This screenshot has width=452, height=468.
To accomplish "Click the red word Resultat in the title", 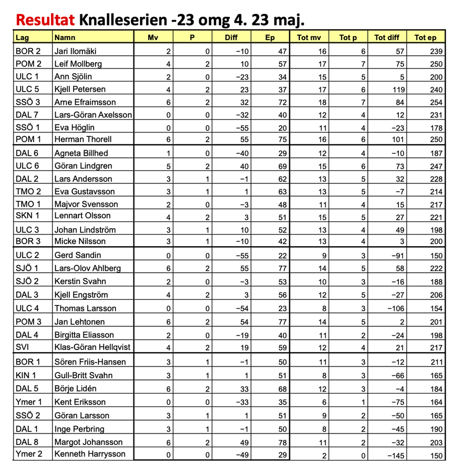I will point(45,20).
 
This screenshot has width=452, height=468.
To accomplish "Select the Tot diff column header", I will point(387,38).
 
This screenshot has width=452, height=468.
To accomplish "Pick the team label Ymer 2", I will point(29,454).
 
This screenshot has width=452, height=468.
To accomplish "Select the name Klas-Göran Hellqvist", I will point(92,347).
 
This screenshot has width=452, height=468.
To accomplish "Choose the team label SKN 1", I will point(27,216).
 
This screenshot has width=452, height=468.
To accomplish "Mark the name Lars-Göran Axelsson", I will point(93,115).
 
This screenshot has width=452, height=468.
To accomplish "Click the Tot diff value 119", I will point(397,90).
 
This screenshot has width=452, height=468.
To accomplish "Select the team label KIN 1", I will point(26,375).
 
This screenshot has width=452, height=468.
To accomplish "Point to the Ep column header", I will point(270,38).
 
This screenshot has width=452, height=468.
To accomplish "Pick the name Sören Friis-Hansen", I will point(90,362).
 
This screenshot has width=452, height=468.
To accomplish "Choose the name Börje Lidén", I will point(76,389).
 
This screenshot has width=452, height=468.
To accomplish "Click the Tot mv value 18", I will point(322,102).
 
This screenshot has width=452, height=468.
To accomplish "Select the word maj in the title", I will point(286,20).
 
